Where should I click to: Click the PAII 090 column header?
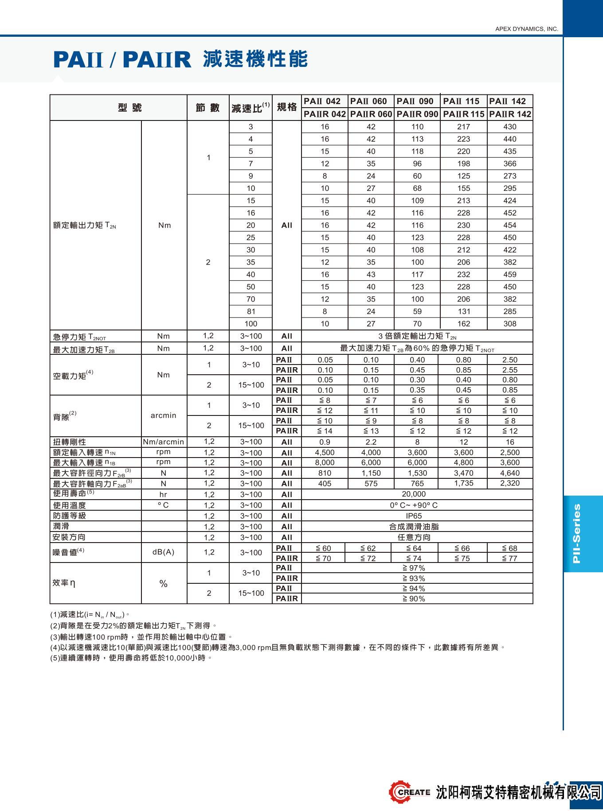[415, 101]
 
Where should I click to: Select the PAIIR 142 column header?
[510, 114]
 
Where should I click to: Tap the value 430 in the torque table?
[510, 127]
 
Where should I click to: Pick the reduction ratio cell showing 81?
[251, 311]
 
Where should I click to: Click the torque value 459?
[510, 275]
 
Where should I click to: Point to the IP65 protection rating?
[414, 516]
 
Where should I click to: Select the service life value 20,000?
[414, 494]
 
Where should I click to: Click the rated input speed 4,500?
[325, 453]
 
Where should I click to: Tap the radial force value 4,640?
[510, 473]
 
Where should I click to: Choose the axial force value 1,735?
[464, 483]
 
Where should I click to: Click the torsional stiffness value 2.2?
[371, 442]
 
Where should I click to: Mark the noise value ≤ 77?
[510, 559]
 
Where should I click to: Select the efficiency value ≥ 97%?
[414, 568]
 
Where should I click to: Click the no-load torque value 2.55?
[510, 370]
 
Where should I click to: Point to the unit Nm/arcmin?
[164, 442]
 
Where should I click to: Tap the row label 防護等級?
[70, 516]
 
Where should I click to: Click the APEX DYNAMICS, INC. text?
[526, 29]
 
